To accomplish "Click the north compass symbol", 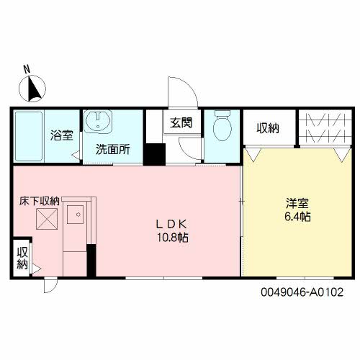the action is (32, 89).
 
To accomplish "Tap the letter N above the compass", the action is (27, 69).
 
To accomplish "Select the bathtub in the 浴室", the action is (29, 137).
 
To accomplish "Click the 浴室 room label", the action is (62, 135).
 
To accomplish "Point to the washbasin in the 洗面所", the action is (98, 121).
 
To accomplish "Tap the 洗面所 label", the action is (113, 149).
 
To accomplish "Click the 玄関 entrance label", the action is (181, 122).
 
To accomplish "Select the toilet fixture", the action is (222, 125).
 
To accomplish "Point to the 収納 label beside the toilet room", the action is (268, 128).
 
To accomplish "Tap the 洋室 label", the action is (297, 203).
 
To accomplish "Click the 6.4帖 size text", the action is (297, 217).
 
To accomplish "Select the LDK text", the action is (171, 224).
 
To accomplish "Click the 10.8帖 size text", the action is (172, 238).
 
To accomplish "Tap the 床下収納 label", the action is (39, 201).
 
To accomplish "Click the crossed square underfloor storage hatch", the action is (47, 219).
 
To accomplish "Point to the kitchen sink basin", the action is (75, 215).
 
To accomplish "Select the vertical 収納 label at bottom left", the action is (22, 258).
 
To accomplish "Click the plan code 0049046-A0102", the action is (302, 292).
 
